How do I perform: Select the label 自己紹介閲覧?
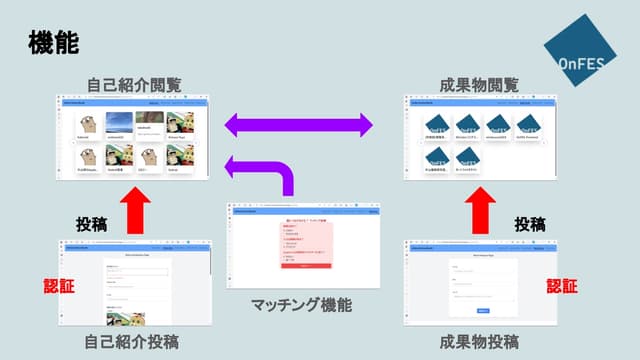pyautogui.click(x=135, y=83)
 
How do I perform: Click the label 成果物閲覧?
pyautogui.click(x=479, y=83)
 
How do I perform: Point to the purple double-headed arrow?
pyautogui.click(x=297, y=125)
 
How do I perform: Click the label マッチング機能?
pyautogui.click(x=301, y=305)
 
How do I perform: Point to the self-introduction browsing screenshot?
pyautogui.click(x=135, y=136)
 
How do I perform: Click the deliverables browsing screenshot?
pyautogui.click(x=479, y=136)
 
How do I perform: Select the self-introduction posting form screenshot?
pyautogui.click(x=135, y=283)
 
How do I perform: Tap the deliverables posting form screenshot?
pyautogui.click(x=479, y=283)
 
